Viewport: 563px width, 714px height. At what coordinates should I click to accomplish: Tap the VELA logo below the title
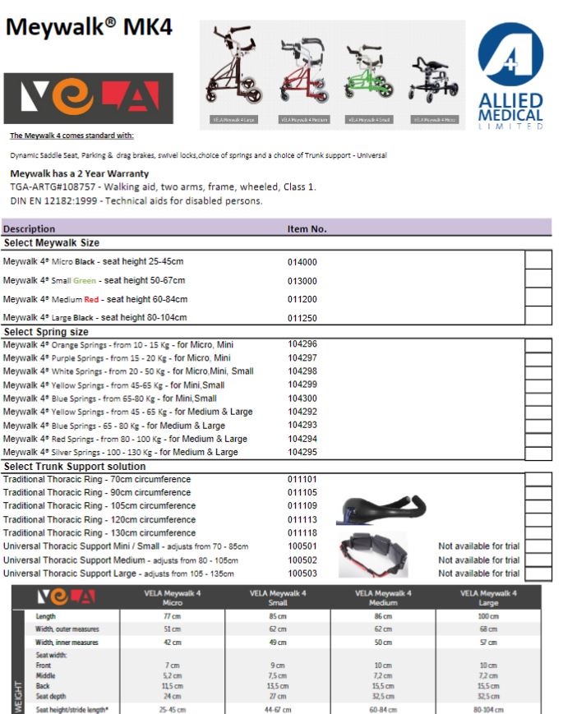pos(88,98)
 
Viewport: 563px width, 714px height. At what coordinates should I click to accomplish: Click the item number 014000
pos(302,262)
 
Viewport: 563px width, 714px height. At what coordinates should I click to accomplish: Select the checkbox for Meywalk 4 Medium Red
pos(538,297)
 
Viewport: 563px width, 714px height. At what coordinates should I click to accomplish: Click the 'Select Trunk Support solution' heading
pos(75,467)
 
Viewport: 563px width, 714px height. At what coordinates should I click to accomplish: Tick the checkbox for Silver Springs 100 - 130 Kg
pos(538,453)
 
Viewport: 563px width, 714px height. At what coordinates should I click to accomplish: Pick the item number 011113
pos(302,520)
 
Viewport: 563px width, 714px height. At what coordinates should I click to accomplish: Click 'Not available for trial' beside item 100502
pos(478,560)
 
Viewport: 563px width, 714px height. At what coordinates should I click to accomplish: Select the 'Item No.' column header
pos(307,228)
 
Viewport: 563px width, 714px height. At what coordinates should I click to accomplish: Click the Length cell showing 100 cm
pos(488,615)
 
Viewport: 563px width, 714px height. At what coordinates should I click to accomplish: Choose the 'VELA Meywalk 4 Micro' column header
pos(173,596)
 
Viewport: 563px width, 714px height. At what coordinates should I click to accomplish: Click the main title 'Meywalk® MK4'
pos(90,27)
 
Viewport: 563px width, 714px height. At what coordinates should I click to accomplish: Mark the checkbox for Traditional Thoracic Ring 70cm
pos(538,480)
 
